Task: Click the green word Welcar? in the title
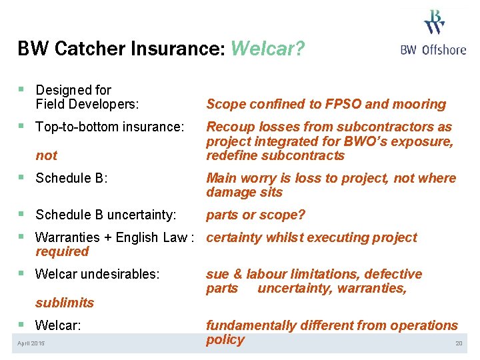pyautogui.click(x=267, y=49)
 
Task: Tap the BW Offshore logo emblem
pyautogui.click(x=434, y=22)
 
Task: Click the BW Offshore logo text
pyautogui.click(x=433, y=50)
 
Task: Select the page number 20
pyautogui.click(x=458, y=343)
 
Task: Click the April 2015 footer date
pyautogui.click(x=31, y=343)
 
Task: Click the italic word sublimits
pyautogui.click(x=65, y=303)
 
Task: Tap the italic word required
pyautogui.click(x=62, y=251)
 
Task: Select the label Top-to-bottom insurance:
pyautogui.click(x=109, y=127)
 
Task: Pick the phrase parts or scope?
pyautogui.click(x=255, y=215)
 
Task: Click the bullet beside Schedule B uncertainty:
pyautogui.click(x=23, y=215)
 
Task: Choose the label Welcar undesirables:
pyautogui.click(x=97, y=274)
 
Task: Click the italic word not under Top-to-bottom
pyautogui.click(x=47, y=155)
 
